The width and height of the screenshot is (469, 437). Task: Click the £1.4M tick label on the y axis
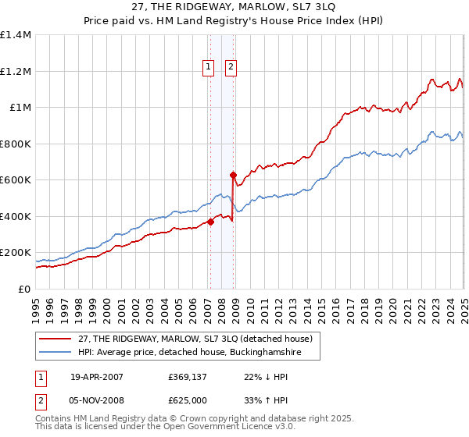coord(16,35)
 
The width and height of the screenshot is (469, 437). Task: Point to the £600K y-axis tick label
coord(16,180)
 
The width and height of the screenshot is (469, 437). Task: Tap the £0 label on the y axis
coord(24,289)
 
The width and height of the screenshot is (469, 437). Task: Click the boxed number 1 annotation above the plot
coord(209,68)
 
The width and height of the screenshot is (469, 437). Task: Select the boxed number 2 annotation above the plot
coord(231,68)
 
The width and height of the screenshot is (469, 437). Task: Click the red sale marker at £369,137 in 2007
coord(210,222)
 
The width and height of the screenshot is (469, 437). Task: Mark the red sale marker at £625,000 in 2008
coord(233,176)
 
